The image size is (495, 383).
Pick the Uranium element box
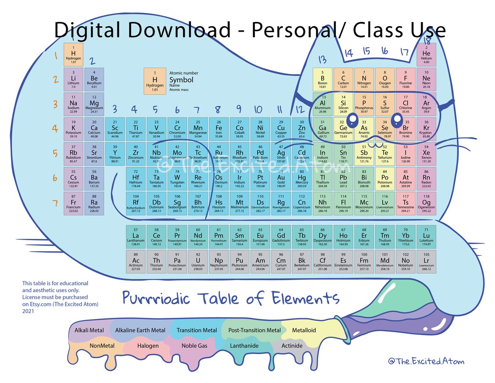tap(198, 261)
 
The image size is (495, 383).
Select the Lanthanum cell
tap(136, 237)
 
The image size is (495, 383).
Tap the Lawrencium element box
tap(426, 261)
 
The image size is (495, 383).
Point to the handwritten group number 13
tap(322, 59)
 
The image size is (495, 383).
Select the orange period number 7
tap(55, 203)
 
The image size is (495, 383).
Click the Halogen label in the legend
tap(148, 346)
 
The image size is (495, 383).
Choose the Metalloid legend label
tap(304, 330)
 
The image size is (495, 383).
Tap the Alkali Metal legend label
tap(89, 330)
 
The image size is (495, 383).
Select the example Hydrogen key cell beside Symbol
tap(154, 81)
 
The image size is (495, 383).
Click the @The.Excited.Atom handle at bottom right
tap(426, 361)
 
